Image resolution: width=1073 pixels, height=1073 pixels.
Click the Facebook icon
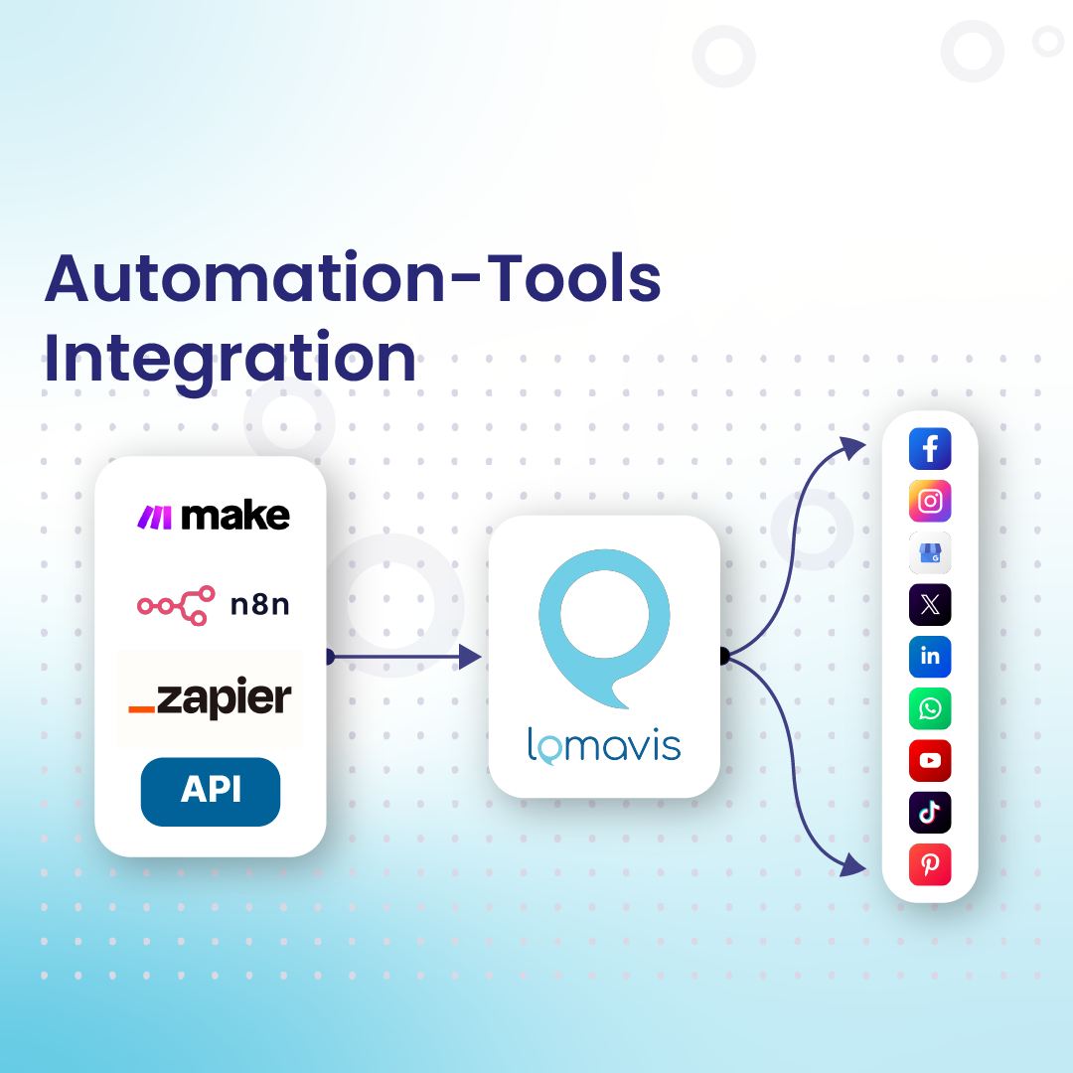coord(930,450)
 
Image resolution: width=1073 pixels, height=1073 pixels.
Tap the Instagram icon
coord(930,502)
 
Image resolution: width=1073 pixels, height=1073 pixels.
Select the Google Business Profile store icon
coord(930,553)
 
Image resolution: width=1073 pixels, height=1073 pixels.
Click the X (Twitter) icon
coord(930,604)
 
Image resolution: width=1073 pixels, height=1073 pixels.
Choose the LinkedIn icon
coord(930,657)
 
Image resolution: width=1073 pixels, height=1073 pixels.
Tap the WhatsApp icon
coord(930,708)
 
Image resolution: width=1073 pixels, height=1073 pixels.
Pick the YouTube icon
coord(930,761)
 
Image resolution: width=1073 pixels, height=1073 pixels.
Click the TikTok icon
coord(930,813)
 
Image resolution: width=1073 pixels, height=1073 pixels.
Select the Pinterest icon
coord(930,864)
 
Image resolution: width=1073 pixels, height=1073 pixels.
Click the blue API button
coord(211,792)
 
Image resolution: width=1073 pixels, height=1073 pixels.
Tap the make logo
coord(213,516)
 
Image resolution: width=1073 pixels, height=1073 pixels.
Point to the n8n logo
coord(213,604)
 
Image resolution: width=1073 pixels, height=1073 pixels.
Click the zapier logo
coord(211,697)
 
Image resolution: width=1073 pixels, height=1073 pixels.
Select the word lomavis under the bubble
coord(604,746)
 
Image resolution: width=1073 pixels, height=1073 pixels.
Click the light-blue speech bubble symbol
coord(604,622)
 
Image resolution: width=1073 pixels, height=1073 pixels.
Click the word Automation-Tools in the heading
coord(353,279)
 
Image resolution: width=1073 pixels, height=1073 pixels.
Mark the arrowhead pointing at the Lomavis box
coord(470,656)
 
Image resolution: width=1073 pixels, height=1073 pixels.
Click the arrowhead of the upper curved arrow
coord(852,448)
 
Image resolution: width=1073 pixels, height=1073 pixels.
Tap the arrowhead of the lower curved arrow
coord(852,865)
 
